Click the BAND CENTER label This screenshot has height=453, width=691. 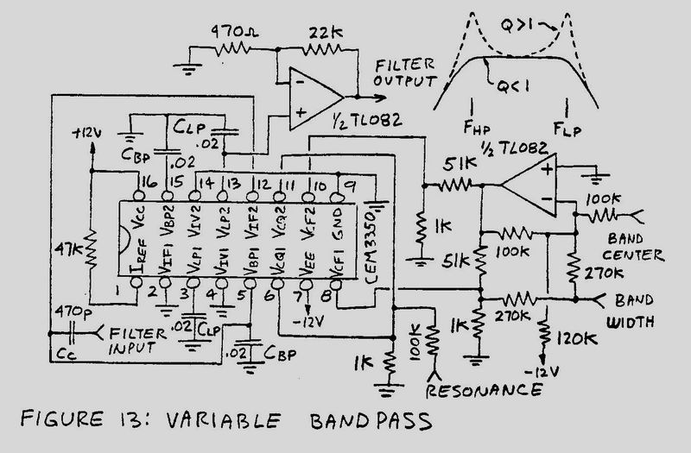point(635,247)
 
